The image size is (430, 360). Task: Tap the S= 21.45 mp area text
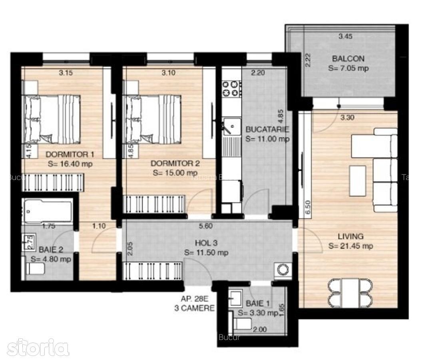click(350, 246)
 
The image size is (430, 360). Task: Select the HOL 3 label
click(206, 243)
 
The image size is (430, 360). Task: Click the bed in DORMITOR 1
click(52, 119)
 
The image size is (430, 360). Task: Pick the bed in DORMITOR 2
click(153, 119)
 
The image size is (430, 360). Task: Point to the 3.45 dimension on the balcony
click(346, 36)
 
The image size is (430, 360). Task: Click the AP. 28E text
click(194, 298)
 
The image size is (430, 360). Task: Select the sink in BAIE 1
click(235, 296)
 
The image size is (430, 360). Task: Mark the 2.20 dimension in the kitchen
click(259, 73)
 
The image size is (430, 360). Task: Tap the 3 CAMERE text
click(194, 308)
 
